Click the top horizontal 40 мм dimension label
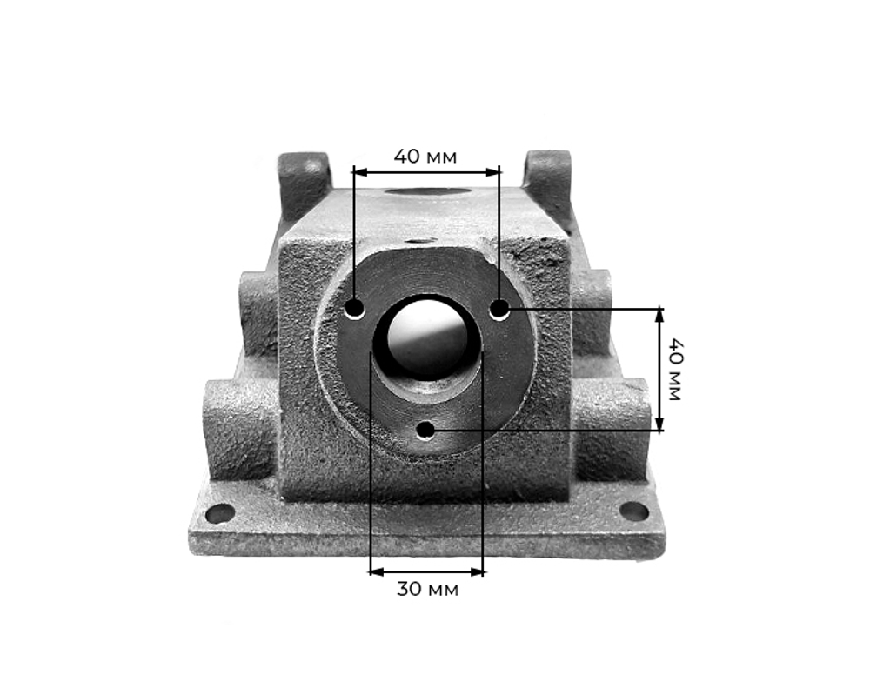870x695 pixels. coord(425,157)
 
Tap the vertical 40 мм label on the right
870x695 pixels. coord(675,369)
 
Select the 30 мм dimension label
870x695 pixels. coord(427,589)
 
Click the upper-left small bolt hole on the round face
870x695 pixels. coord(354,309)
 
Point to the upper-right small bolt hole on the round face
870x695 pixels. coord(499,310)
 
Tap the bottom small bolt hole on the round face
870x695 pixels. coord(425,430)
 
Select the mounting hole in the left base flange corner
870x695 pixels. coord(220,513)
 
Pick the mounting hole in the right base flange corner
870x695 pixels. coord(633,511)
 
